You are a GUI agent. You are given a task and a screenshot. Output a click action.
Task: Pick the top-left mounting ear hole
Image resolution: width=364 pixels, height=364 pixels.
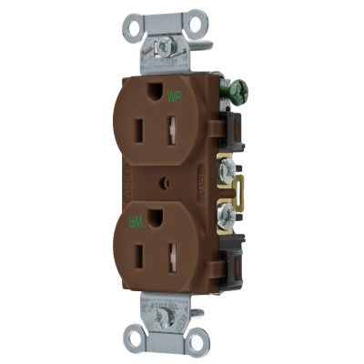click(x=137, y=26)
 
